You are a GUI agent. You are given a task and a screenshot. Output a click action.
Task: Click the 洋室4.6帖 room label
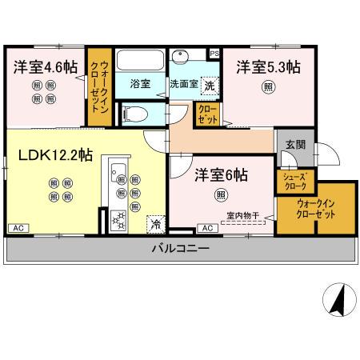(x=44, y=68)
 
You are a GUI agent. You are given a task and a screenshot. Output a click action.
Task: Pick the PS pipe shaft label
(x=214, y=54)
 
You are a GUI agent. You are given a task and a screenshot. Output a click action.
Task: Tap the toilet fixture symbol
(x=137, y=112)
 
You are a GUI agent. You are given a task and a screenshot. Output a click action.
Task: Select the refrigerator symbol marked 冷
(x=155, y=223)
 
